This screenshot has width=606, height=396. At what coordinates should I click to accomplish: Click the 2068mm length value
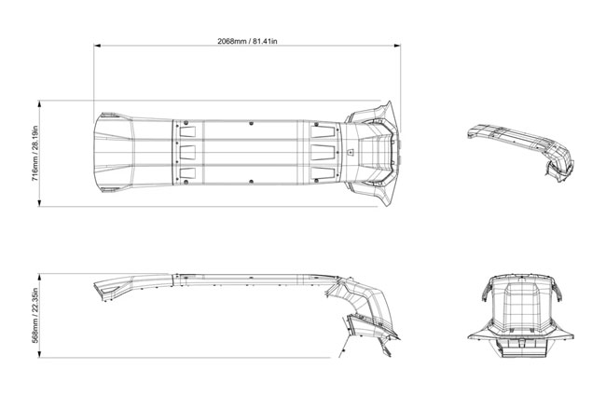coord(231,41)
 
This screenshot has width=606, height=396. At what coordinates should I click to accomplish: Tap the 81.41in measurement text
coord(265,41)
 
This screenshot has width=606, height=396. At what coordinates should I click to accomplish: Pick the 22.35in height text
coord(34,299)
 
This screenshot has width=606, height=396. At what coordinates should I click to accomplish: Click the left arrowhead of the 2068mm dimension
coord(97,46)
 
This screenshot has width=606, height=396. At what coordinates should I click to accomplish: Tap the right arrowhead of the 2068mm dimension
coord(397,46)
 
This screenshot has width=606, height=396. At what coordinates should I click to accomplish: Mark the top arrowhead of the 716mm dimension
coord(39,103)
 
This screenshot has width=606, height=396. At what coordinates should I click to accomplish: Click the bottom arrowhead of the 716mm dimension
coord(39,203)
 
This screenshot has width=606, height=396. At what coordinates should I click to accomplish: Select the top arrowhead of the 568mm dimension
coord(39,277)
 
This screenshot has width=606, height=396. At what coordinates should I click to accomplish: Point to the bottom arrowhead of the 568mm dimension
coord(39,354)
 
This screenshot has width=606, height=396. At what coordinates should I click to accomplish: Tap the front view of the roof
coord(520,316)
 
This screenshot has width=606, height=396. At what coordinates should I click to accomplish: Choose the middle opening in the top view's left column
coord(187,152)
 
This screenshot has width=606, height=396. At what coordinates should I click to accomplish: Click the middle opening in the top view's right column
coord(323,152)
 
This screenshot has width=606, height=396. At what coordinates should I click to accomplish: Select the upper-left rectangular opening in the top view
coord(187,131)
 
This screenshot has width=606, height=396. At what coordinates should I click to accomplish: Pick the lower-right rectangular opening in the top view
coord(323,173)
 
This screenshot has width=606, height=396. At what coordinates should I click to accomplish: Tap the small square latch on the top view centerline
coord(351,152)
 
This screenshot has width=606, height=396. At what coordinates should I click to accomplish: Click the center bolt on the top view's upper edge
coord(251,123)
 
